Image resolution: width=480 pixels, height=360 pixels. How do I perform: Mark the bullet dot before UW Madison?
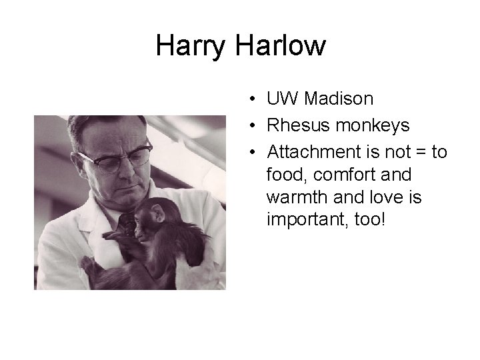coord(247,100)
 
